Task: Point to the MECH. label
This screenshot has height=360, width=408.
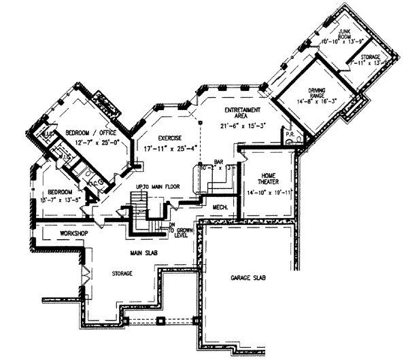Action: point(220,206)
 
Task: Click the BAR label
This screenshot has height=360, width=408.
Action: point(219,161)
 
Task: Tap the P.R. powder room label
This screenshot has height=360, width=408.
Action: point(290,134)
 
